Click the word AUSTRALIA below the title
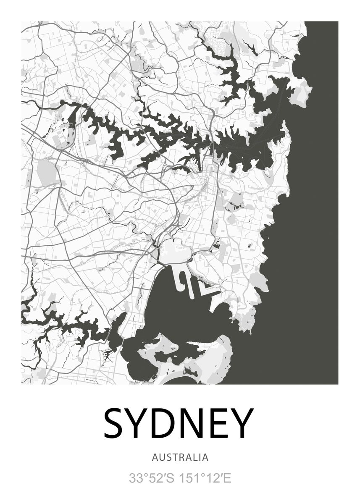coord(180,457)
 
